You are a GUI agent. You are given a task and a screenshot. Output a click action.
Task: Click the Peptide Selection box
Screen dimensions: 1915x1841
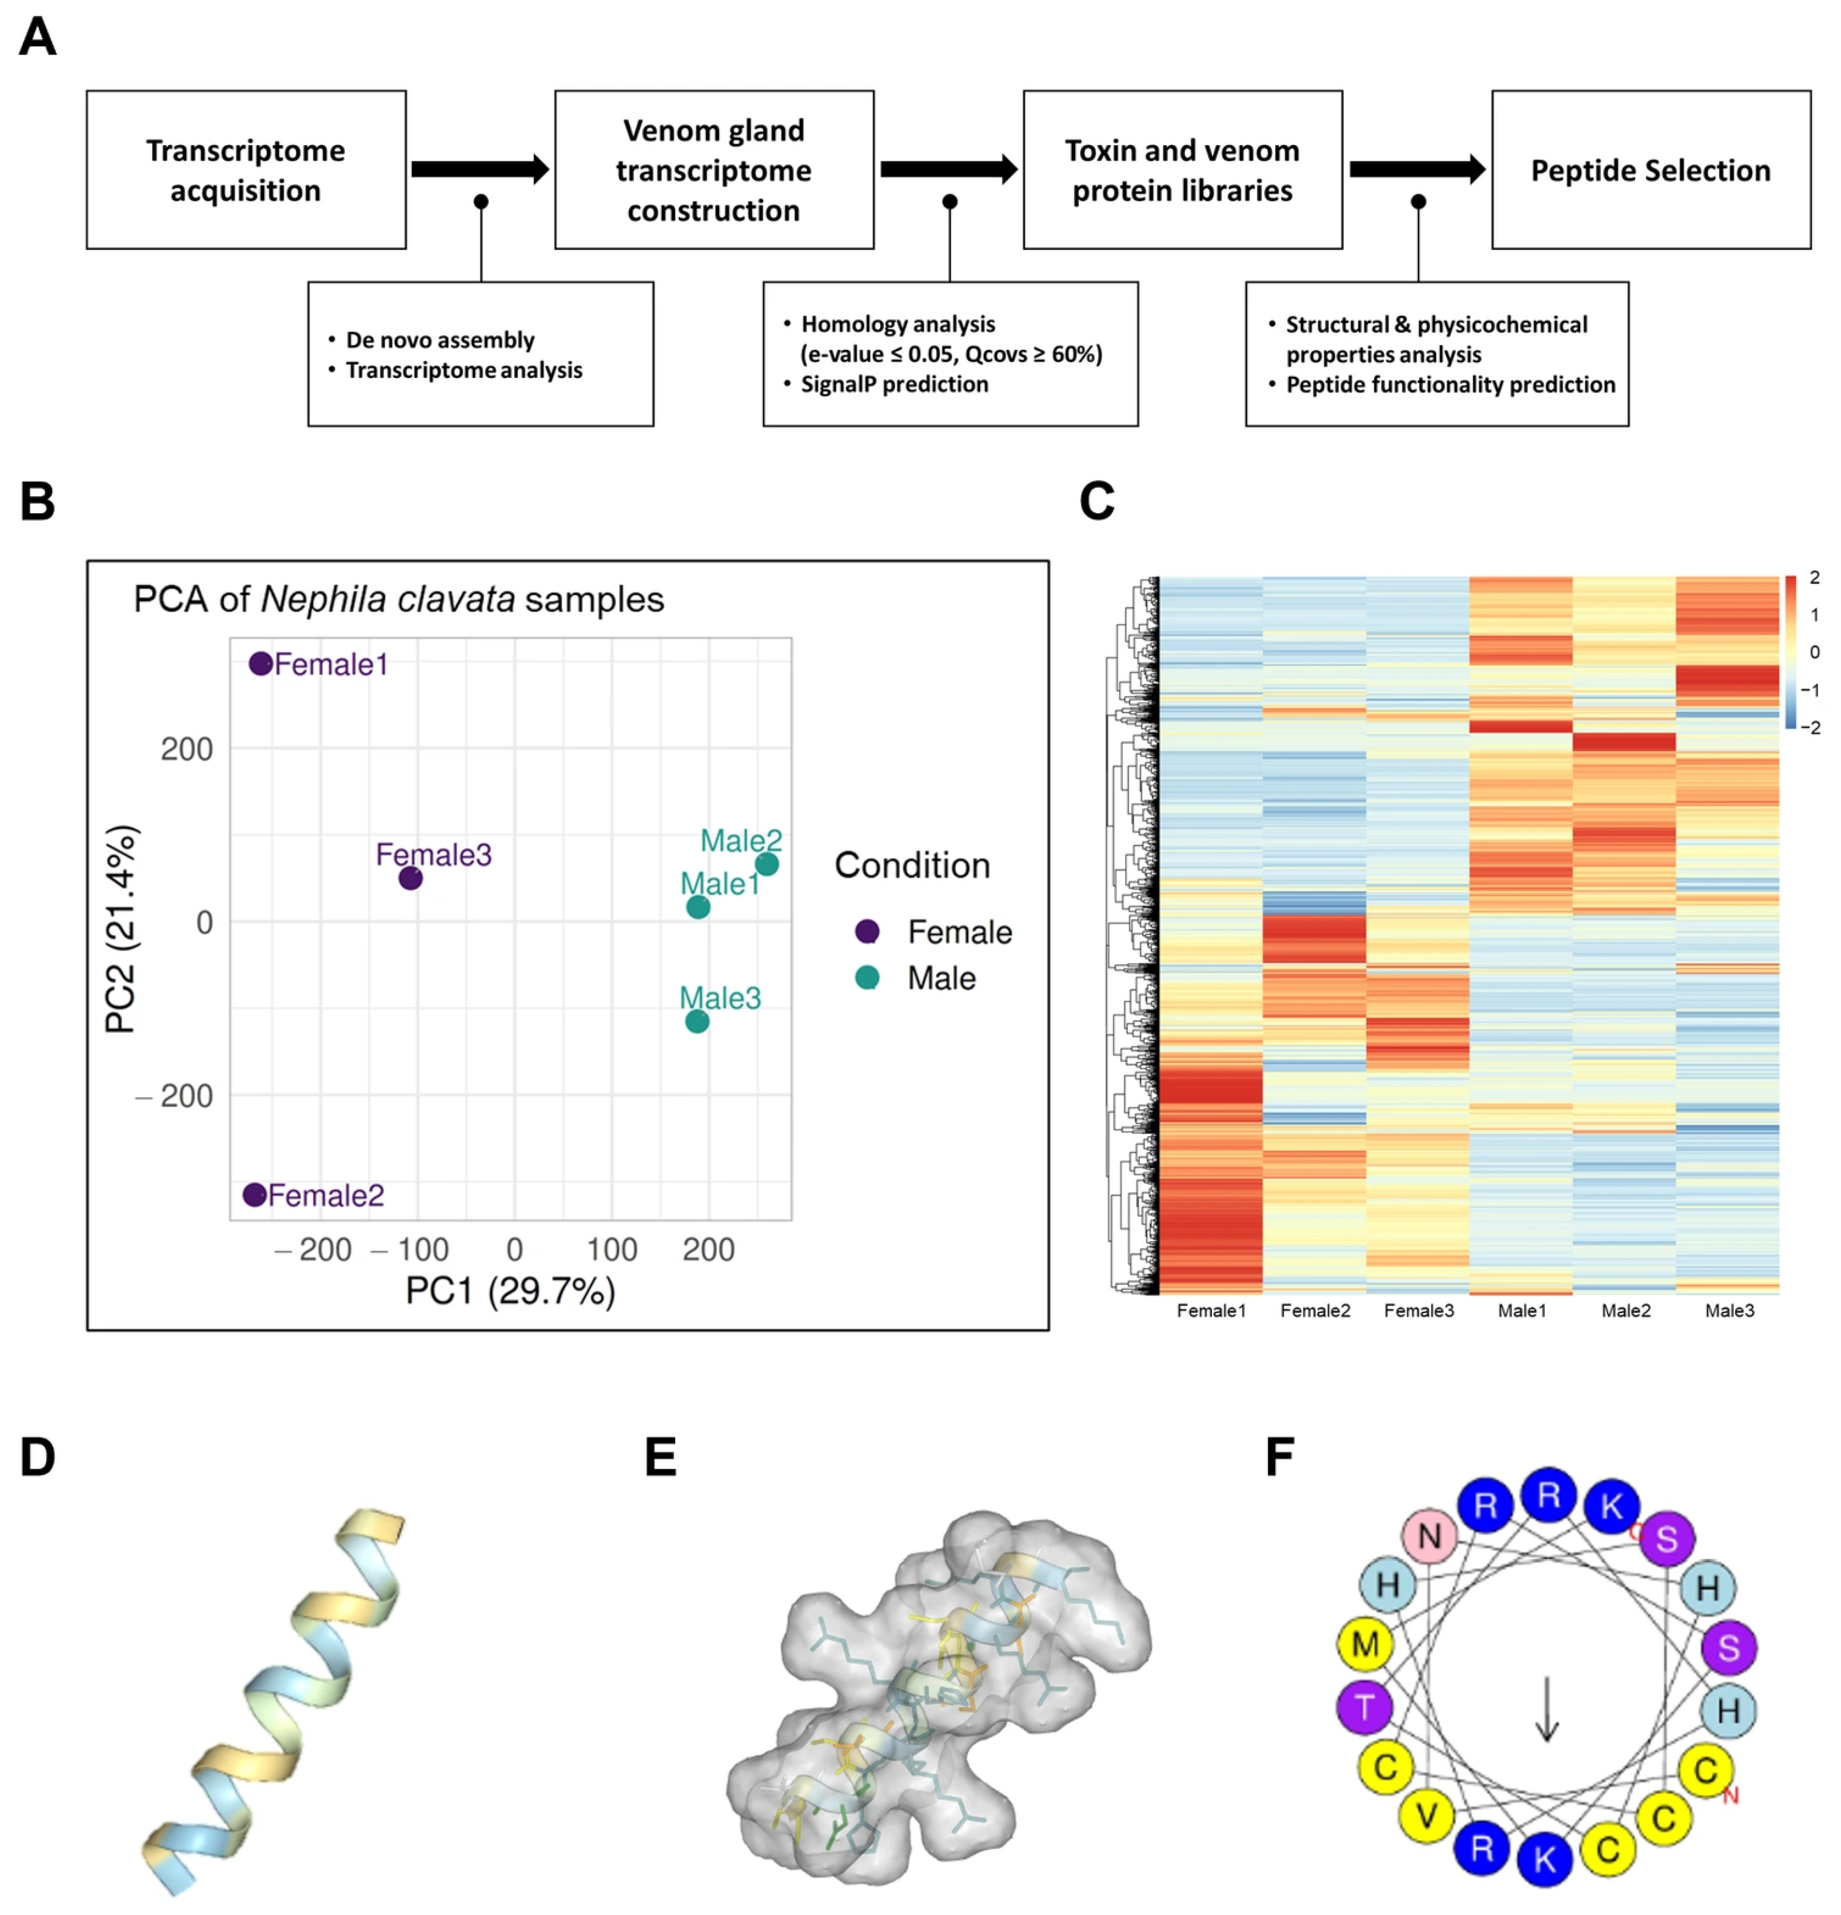click(1650, 170)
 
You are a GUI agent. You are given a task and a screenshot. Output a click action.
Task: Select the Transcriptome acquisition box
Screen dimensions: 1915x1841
click(245, 170)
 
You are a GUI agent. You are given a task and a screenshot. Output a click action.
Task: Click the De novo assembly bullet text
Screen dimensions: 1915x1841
click(439, 340)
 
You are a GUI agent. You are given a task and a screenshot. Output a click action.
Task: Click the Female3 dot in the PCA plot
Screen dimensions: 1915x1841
click(410, 878)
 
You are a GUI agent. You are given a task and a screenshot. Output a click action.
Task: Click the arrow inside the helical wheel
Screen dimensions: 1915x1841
click(1546, 1709)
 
